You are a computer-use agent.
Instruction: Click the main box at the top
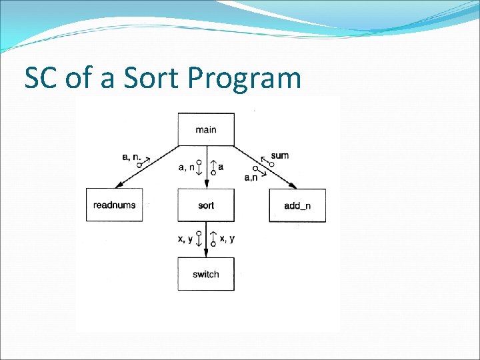(206, 129)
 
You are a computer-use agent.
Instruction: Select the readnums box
(114, 205)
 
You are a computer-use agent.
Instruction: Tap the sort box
(206, 205)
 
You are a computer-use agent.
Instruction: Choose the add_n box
(297, 205)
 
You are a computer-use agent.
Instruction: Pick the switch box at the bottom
(206, 274)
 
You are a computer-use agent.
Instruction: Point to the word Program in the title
(245, 79)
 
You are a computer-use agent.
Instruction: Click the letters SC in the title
(41, 78)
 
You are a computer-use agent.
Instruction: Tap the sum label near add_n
(280, 155)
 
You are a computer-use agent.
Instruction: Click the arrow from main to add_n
(264, 167)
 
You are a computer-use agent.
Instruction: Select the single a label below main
(221, 167)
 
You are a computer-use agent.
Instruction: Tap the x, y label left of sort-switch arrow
(185, 239)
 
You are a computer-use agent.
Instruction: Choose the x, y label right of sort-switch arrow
(227, 239)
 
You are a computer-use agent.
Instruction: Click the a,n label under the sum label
(252, 177)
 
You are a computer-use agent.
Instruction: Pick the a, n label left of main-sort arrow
(187, 167)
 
